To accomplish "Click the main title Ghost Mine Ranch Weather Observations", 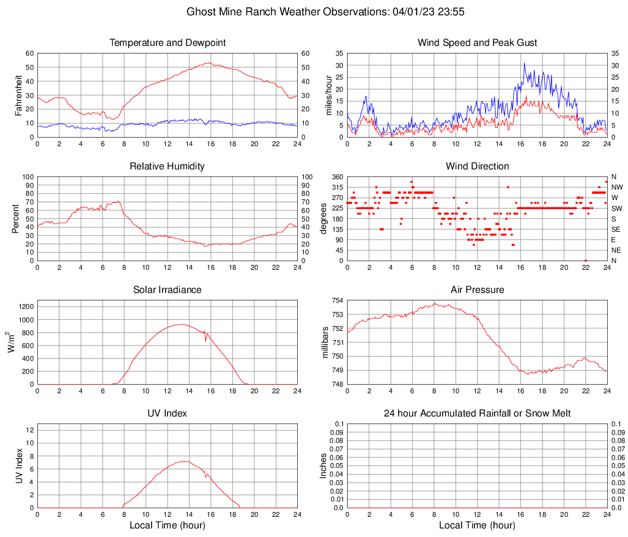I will click(x=313, y=12).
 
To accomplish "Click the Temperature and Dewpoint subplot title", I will click(x=167, y=43).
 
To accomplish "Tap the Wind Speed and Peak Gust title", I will click(x=477, y=43).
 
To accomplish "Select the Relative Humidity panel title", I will click(x=167, y=166).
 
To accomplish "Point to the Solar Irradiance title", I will click(x=167, y=290).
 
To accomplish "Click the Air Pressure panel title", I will click(x=477, y=290).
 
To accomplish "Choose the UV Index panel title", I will click(x=167, y=413).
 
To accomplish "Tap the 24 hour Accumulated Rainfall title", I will click(x=477, y=413).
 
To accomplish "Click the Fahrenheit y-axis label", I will click(x=18, y=95).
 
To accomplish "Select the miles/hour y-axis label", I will click(x=328, y=95).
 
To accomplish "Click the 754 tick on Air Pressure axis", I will click(x=337, y=301).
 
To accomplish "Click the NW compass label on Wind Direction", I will click(x=617, y=187).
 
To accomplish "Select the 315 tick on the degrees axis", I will click(x=337, y=187).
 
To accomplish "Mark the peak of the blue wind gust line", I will click(x=524, y=63).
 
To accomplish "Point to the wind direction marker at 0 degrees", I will click(x=585, y=261).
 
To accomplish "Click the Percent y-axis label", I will click(x=15, y=218).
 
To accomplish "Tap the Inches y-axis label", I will click(x=323, y=465).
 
